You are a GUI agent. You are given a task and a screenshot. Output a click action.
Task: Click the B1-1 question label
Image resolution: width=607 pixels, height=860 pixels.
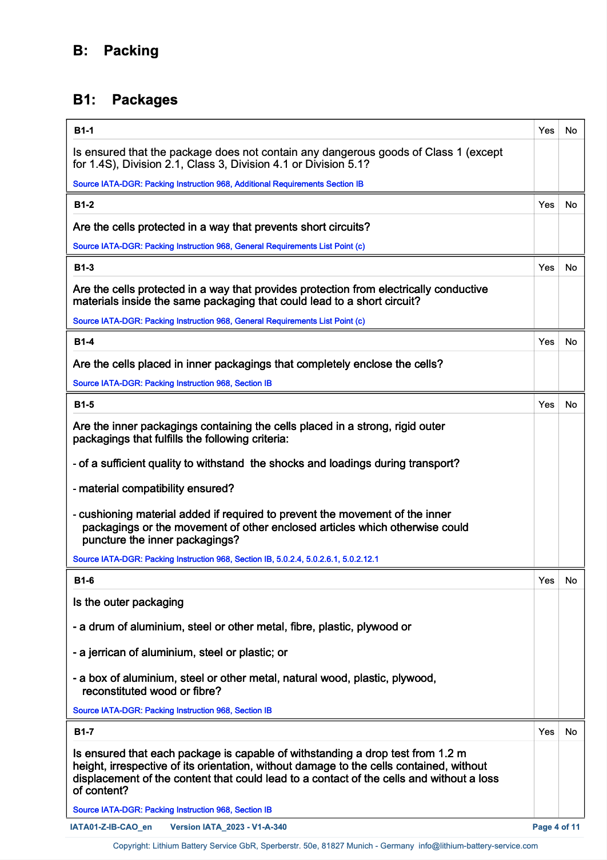pos(84,130)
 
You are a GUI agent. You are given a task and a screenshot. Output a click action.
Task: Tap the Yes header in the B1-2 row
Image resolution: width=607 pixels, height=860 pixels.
pos(546,204)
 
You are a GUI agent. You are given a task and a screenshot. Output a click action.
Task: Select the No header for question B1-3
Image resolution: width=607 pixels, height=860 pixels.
pos(570,267)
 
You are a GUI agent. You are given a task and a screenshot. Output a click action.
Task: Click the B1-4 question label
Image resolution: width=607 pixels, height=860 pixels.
pos(84,341)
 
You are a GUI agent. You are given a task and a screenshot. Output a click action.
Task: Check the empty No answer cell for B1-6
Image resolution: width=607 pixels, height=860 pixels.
pos(570,653)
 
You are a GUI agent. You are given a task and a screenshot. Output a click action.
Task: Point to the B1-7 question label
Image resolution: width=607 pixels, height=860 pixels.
pos(84,732)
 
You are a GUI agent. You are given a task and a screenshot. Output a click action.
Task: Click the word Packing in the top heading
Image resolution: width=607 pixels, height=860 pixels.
pos(131,51)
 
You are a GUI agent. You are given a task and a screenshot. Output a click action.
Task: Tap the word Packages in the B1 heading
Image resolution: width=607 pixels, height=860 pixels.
pos(145,100)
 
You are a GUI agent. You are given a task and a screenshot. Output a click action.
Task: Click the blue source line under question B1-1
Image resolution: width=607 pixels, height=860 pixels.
pos(218,184)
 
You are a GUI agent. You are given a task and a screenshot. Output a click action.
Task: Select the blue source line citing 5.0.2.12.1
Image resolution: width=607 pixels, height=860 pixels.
pos(225,559)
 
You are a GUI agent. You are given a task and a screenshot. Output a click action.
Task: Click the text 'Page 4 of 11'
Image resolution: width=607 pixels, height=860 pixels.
pos(556,827)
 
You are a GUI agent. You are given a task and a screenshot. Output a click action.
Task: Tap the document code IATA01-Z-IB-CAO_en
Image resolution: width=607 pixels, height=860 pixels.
pos(111,827)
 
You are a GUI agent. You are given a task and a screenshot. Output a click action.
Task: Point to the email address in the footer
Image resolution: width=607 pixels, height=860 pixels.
pos(478,846)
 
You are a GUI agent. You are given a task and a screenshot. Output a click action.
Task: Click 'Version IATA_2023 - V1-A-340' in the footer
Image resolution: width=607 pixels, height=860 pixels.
pos(229,827)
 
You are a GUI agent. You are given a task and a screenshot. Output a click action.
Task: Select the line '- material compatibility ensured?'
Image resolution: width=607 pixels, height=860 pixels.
pos(153,489)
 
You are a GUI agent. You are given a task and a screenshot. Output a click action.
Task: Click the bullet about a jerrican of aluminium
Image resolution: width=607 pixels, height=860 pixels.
pos(180,652)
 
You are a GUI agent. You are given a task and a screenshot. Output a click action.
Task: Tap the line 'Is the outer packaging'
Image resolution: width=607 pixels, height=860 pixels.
pos(128,602)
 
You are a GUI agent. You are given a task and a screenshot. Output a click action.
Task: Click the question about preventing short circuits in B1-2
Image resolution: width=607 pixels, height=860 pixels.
pos(221,227)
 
